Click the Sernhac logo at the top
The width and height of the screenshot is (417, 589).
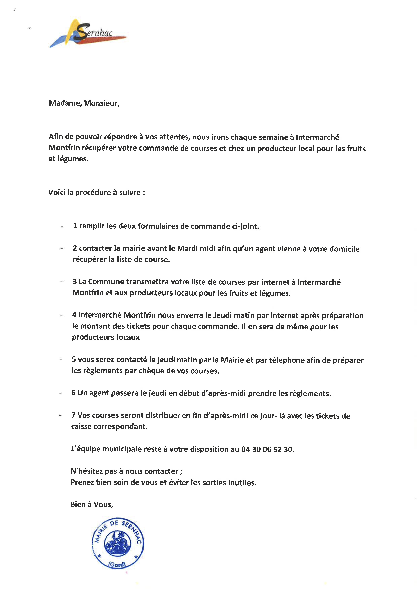87,33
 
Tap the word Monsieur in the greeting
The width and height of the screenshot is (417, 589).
101,103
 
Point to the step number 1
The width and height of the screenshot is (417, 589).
75,226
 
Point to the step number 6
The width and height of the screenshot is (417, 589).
73,393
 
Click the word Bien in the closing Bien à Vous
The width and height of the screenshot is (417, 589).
78,505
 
